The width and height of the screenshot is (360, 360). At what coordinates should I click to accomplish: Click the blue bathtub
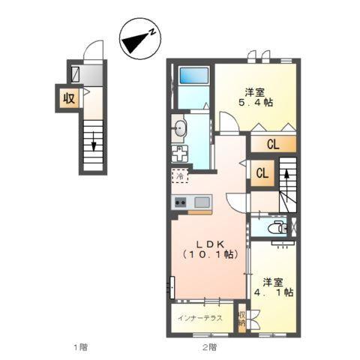click(193, 77)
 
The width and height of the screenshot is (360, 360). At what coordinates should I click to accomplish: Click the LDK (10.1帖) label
click(209, 249)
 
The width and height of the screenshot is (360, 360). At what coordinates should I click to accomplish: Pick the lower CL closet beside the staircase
click(262, 174)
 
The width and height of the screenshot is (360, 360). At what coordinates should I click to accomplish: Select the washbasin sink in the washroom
click(179, 129)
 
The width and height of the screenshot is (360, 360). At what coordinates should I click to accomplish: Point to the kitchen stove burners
click(181, 202)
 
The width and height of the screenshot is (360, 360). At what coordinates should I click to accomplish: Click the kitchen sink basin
click(202, 202)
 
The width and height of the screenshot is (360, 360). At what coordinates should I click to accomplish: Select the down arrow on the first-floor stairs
click(94, 141)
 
